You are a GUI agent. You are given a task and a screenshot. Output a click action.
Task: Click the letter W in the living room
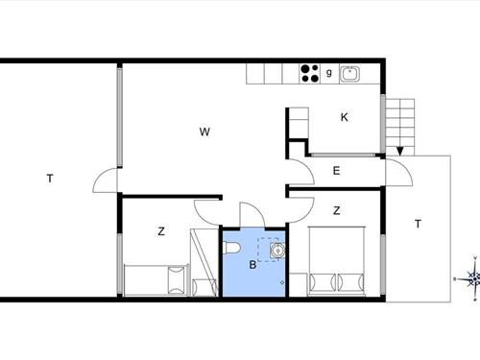coord(204,132)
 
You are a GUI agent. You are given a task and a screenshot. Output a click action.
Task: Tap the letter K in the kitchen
coord(345,117)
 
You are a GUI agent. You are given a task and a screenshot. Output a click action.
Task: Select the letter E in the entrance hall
coord(336,171)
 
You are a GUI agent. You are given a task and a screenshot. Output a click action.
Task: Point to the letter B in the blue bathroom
coord(252,265)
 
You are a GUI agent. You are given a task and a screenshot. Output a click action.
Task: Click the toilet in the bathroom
coord(232,248)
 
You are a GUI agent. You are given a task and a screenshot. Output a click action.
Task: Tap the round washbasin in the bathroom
coord(277,250)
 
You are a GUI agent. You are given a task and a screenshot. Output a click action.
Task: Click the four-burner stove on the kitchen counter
coord(310,74)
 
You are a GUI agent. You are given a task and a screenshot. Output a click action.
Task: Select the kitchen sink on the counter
coord(349,74)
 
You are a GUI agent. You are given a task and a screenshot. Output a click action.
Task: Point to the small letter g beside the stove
coord(329,73)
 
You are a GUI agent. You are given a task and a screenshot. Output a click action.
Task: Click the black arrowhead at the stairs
coord(400,151)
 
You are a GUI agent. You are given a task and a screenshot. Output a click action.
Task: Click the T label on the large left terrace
coord(50,179)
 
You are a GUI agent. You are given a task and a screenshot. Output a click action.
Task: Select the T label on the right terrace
coord(418,224)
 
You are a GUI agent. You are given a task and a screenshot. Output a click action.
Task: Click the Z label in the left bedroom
coord(161,231)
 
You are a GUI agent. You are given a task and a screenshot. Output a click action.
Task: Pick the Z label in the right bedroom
coord(336,210)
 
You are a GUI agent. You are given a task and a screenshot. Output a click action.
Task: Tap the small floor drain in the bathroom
coord(282,282)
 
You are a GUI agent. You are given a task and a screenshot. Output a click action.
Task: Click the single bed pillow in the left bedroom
coord(177,280)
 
